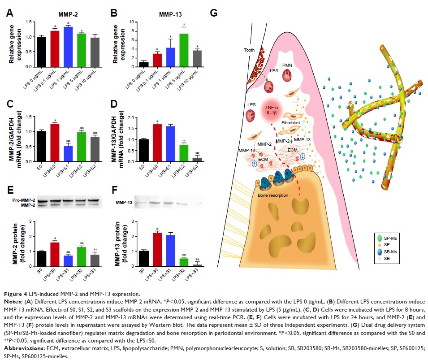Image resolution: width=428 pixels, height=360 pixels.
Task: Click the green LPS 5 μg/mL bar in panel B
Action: click(170, 50)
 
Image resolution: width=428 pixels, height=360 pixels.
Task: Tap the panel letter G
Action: click(213, 13)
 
